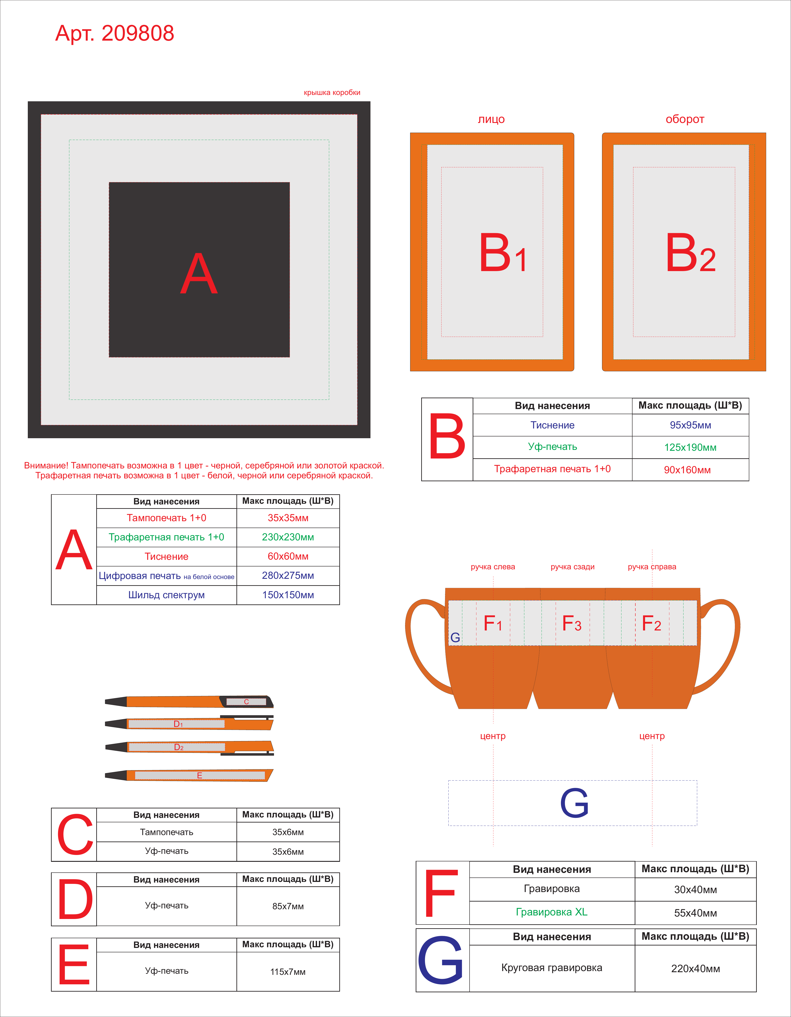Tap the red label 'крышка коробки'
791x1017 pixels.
click(x=332, y=93)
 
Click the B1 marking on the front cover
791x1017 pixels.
click(x=503, y=253)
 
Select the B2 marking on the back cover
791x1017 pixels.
click(x=690, y=253)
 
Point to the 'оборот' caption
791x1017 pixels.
click(x=685, y=119)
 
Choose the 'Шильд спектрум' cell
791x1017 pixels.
click(x=167, y=595)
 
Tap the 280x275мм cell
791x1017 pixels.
click(x=288, y=576)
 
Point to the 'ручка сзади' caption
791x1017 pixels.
click(x=573, y=567)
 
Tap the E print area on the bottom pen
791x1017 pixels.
click(x=200, y=775)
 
